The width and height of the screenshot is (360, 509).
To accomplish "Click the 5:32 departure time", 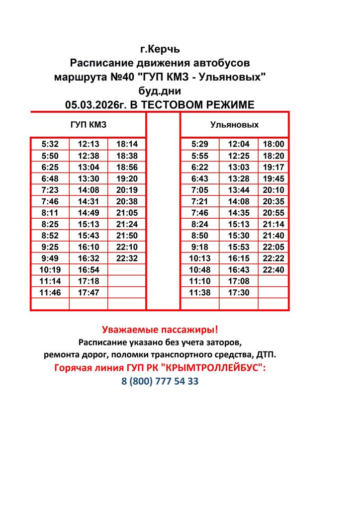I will pyautogui.click(x=50, y=145).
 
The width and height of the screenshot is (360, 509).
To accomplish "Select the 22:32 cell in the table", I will pyautogui.click(x=127, y=258).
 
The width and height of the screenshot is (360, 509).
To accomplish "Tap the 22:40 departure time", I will pyautogui.click(x=273, y=269).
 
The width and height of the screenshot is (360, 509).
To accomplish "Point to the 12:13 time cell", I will pyautogui.click(x=89, y=145).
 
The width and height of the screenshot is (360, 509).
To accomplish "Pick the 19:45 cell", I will pyautogui.click(x=273, y=178).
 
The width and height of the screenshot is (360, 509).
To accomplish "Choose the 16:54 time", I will pyautogui.click(x=89, y=269).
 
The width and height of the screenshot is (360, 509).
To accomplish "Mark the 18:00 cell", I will pyautogui.click(x=273, y=145).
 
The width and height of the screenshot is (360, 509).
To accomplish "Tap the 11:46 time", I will pyautogui.click(x=50, y=292).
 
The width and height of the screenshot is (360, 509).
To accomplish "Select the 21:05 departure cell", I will pyautogui.click(x=127, y=213).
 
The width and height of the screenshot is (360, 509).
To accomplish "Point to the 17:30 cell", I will pyautogui.click(x=239, y=292).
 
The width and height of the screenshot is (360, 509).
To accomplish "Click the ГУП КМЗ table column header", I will pyautogui.click(x=88, y=125).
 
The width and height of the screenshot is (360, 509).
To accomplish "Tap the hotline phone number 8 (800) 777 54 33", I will pyautogui.click(x=160, y=381).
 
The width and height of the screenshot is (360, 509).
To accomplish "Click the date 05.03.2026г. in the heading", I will pyautogui.click(x=94, y=104).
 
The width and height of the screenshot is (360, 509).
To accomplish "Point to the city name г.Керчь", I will pyautogui.click(x=160, y=50).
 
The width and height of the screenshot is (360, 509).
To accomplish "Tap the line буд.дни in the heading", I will pyautogui.click(x=160, y=91).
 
